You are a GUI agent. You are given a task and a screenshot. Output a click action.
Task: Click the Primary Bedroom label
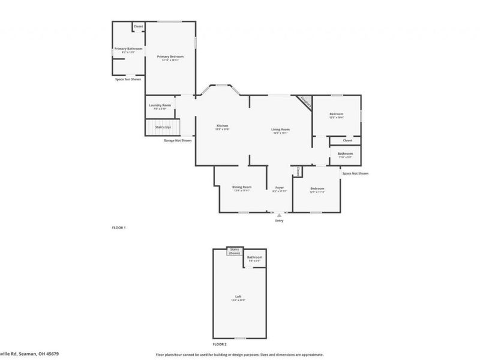coord(170,56)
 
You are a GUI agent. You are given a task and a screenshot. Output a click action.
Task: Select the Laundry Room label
coord(160,105)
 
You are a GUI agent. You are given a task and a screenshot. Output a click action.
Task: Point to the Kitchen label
coord(223,126)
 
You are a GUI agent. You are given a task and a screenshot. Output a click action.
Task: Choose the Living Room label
coord(281,130)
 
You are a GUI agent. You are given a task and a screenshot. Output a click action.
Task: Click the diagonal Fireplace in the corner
coord(305,103)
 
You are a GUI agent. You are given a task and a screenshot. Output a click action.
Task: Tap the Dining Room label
coord(242,187)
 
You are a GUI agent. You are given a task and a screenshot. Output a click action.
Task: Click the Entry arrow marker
coord(279,214)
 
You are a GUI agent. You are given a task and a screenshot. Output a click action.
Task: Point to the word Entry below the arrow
coord(279,221)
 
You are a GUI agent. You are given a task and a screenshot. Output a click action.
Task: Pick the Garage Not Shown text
coord(178,140)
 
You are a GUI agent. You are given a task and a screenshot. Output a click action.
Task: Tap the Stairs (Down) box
coord(234,251)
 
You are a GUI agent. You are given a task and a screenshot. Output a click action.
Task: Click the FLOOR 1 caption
coord(119,228)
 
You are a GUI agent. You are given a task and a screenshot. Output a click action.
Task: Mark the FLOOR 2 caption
coord(220,344)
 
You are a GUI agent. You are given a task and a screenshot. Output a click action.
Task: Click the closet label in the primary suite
coord(138,26)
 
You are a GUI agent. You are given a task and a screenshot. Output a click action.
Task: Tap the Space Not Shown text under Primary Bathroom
coord(128,79)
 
